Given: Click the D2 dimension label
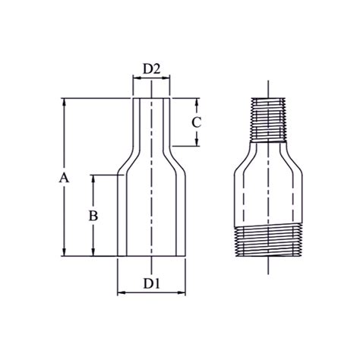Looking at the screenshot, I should point(152,70).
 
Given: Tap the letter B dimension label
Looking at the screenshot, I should point(93,216).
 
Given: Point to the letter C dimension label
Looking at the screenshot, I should point(196,122).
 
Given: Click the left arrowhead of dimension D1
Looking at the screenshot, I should point(120,292).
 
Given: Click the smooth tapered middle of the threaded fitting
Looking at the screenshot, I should point(269,182).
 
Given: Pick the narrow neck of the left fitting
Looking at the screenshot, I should point(152,125).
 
